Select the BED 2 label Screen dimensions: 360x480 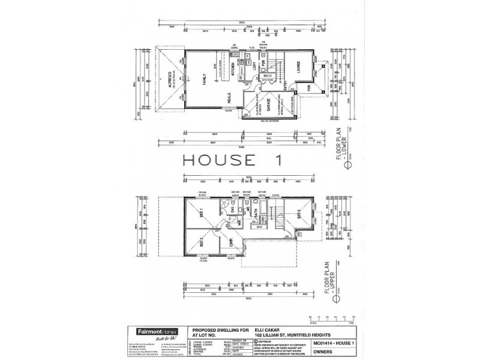[x=202, y=242]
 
